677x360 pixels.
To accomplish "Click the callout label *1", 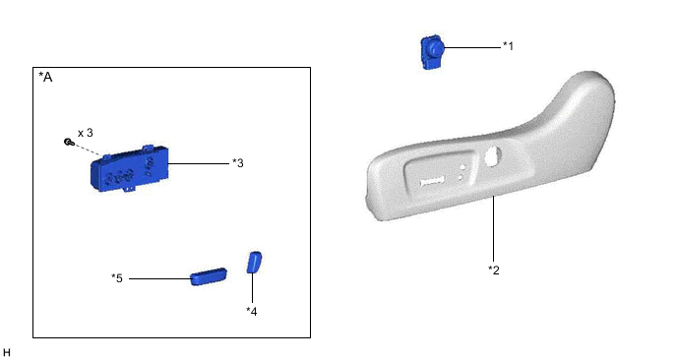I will pos(508,45).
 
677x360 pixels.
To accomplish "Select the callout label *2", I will pos(494,270).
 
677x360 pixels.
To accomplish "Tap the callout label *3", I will pos(237,163).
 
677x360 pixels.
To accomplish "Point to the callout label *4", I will pos(251,311).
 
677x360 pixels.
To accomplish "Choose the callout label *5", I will pos(117,278).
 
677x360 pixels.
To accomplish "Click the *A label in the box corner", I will pos(45,77).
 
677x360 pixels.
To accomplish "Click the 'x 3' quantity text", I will pos(85,132).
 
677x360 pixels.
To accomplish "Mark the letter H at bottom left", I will pos(7,351).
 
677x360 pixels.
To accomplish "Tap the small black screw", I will pos(67,143).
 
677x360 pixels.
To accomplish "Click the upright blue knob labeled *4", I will pos(253,262).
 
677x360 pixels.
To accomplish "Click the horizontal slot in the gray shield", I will pos(434,181).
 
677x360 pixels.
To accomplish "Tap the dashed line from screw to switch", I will pos(86,150).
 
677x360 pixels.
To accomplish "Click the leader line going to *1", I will pos(473,45).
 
